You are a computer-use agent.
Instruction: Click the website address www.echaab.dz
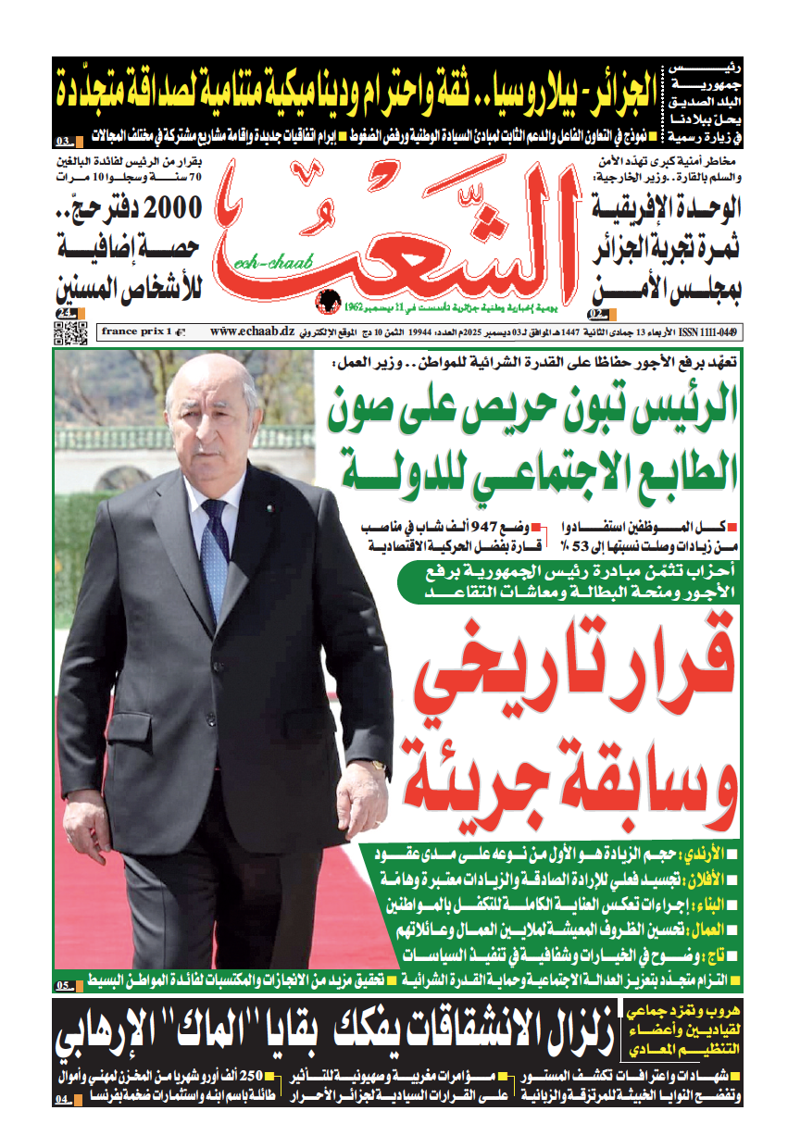(x=251, y=331)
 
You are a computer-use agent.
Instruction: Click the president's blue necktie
(x=214, y=555)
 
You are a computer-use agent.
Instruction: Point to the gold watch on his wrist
(x=378, y=765)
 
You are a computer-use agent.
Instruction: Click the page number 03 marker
(x=68, y=142)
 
